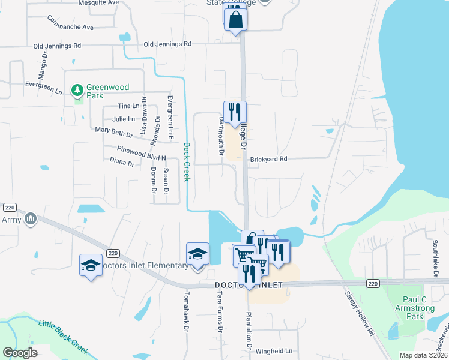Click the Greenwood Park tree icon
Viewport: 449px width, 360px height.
[x=77, y=91]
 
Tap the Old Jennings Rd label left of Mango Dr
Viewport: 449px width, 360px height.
[x=57, y=46]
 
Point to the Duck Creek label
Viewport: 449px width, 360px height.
[x=187, y=161]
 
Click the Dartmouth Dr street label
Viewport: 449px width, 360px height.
[x=219, y=136]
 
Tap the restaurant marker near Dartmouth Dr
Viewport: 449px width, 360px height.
[x=235, y=112]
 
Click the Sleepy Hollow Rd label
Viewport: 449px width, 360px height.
[x=359, y=313]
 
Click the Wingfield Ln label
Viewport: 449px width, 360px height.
[x=274, y=350]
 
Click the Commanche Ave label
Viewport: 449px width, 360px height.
[x=71, y=27]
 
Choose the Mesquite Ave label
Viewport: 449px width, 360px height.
[x=99, y=3]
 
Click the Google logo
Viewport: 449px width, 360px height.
[x=20, y=353]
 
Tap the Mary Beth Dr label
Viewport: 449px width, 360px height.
[x=113, y=132]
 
